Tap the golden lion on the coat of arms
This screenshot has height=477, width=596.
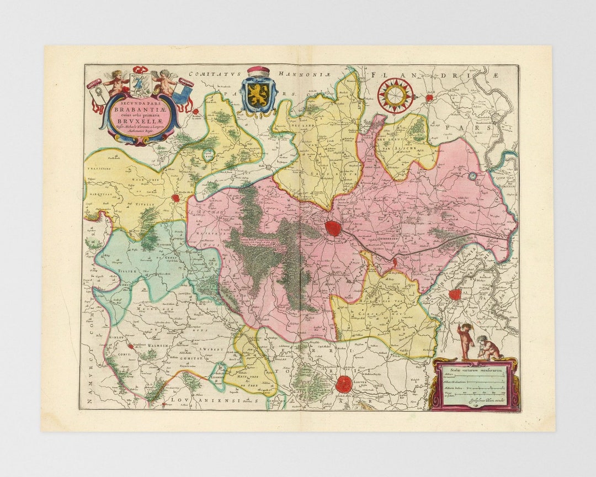[258, 96]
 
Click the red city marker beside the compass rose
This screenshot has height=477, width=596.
[429, 98]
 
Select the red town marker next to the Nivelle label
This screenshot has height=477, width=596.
[176, 198]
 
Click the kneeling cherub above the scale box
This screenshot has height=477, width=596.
[488, 349]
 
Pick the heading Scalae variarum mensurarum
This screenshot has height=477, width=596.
[475, 369]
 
